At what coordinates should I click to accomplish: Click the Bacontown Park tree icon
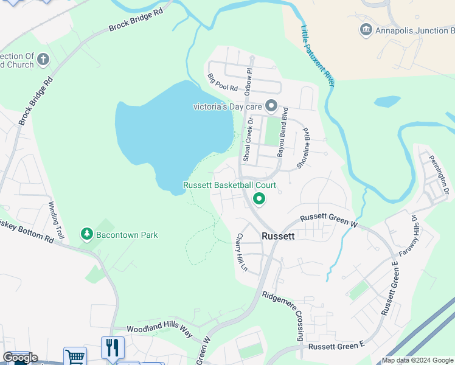pos(87,234)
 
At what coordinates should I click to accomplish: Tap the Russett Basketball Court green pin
pos(259,199)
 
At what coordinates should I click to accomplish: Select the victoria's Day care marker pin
pos(271,106)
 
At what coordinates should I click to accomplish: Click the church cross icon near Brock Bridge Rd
pos(43,60)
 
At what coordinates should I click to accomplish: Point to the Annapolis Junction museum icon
pos(366,30)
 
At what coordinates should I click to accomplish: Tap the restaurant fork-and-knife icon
pos(113,347)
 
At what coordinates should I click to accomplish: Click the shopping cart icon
pos(75,356)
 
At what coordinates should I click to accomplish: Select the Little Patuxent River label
pos(318,55)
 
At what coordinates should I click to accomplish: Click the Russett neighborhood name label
pos(278,236)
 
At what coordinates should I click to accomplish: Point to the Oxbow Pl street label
pos(248,82)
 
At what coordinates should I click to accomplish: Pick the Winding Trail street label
pos(56,220)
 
